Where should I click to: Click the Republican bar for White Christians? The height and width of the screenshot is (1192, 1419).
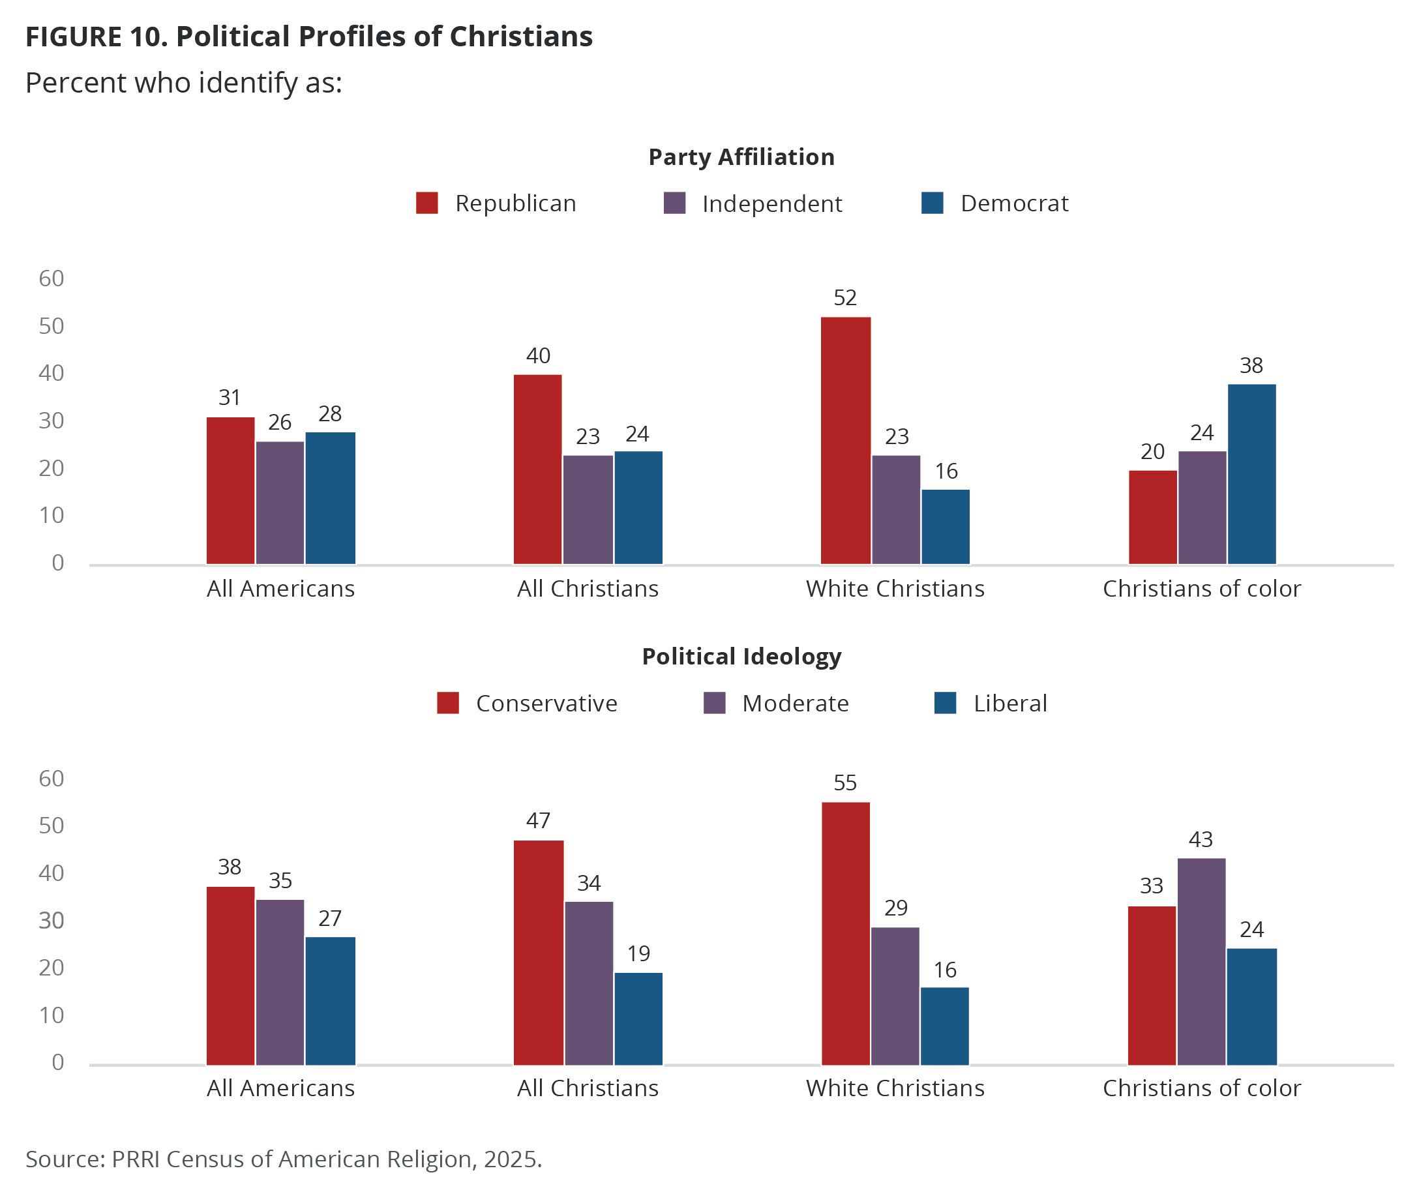tap(845, 440)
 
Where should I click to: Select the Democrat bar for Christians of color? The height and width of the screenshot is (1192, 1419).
tap(1251, 473)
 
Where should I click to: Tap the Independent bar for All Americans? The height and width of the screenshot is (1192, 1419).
tap(280, 502)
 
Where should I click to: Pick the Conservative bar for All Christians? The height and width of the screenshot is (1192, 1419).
tap(539, 952)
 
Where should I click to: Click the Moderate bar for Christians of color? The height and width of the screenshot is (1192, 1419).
tap(1201, 962)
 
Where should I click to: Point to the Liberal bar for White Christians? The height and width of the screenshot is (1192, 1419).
tap(945, 1026)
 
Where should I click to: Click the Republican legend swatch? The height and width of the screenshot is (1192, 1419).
tap(427, 203)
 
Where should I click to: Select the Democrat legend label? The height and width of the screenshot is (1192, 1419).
tap(1014, 203)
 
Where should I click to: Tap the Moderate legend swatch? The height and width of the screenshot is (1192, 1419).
tap(714, 703)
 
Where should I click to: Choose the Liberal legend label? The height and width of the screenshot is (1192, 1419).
tap(1010, 704)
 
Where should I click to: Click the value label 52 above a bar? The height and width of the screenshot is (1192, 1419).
tap(845, 298)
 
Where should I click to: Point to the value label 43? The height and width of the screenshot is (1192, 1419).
tap(1201, 840)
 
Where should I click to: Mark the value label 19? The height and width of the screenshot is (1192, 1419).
tap(638, 953)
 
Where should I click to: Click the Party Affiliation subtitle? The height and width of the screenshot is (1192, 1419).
tap(741, 156)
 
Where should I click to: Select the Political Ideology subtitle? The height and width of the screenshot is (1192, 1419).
tap(741, 656)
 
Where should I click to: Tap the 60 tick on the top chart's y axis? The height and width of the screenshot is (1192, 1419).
tap(52, 278)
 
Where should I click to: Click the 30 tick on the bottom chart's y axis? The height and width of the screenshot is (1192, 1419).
tap(52, 920)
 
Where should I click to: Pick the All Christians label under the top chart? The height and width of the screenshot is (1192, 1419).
tap(588, 589)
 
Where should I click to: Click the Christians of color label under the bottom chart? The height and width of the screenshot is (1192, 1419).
tap(1202, 1088)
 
